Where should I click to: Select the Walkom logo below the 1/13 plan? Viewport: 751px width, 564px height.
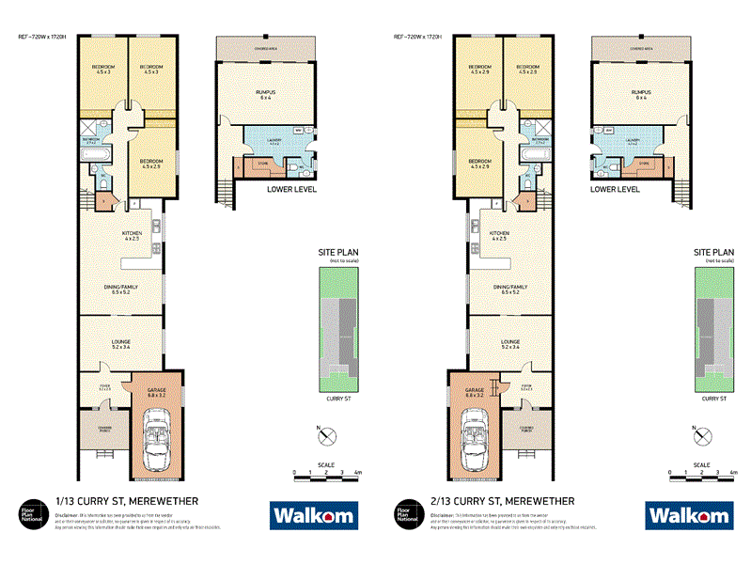pos(313,514)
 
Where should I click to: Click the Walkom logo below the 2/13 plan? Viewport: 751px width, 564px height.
pos(688,514)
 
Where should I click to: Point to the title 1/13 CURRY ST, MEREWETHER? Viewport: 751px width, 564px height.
pos(127,501)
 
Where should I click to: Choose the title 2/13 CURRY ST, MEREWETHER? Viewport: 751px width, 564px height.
pos(502,501)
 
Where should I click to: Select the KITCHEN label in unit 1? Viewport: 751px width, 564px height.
pos(131,233)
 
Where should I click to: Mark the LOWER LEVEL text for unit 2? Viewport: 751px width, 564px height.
pos(615,189)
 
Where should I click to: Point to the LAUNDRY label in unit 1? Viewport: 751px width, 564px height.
pos(274,140)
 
